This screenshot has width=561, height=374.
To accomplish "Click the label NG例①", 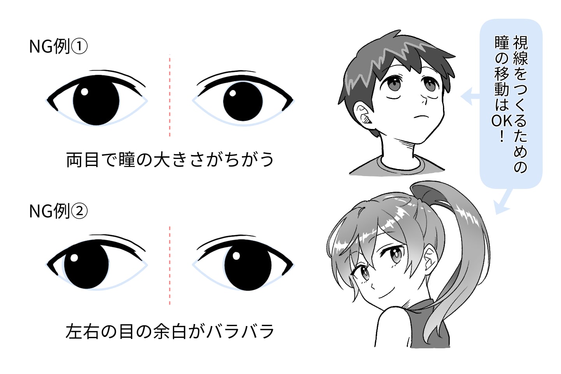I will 58,47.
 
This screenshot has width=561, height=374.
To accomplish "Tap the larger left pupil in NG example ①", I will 96,102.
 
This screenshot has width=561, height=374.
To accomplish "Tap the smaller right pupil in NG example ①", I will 243,101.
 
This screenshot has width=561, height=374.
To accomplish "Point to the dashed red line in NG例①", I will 170,95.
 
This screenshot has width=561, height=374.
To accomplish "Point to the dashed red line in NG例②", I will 170,265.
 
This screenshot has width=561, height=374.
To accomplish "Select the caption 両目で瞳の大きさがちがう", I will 170,160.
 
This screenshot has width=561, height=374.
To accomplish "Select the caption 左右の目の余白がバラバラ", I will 170,332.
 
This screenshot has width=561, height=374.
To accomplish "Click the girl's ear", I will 429,259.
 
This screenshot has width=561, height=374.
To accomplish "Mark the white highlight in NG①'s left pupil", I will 84,92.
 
